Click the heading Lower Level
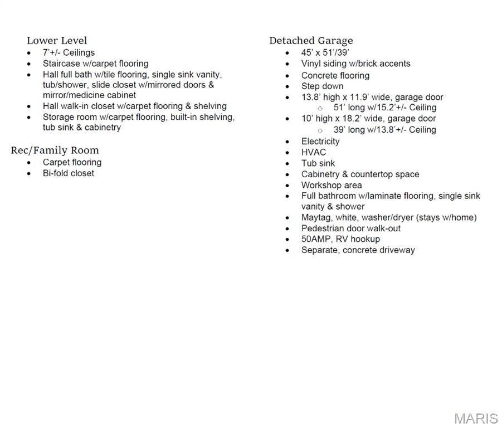(x=57, y=41)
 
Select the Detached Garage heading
(x=311, y=41)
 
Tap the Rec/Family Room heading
(x=55, y=150)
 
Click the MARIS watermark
(x=476, y=419)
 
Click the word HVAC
(x=314, y=152)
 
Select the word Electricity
(x=320, y=141)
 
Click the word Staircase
(x=61, y=64)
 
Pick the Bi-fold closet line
(x=69, y=173)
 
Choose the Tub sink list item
(x=318, y=163)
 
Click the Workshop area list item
(x=332, y=185)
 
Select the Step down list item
(x=323, y=86)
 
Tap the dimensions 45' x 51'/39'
(x=325, y=52)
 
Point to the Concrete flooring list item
(x=335, y=75)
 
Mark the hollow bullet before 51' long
(x=320, y=108)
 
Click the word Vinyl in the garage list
(x=311, y=64)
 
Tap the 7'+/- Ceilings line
(x=69, y=52)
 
